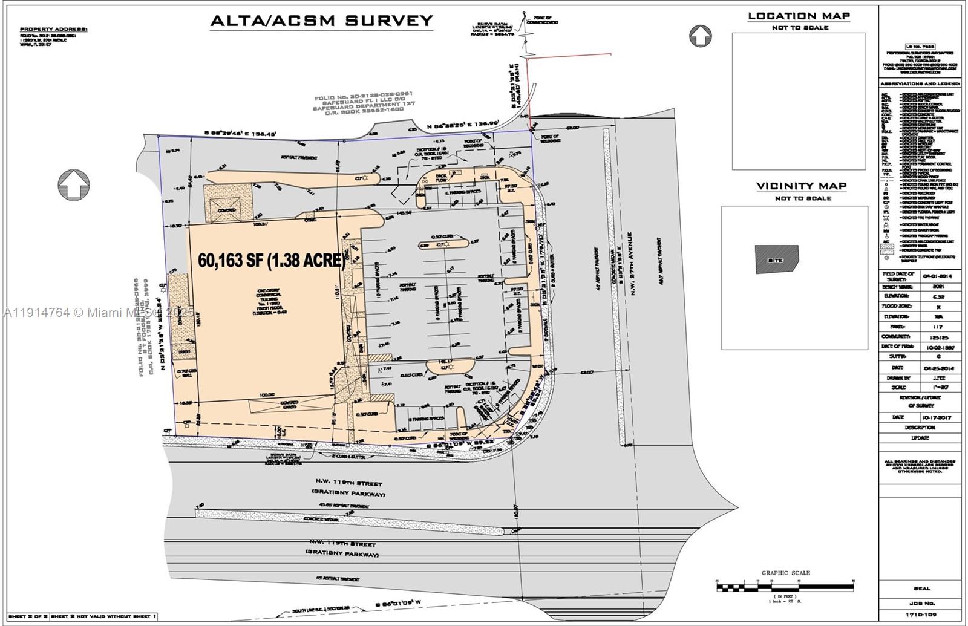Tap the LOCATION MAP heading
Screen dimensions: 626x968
(x=799, y=16)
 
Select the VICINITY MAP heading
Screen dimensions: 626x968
(x=802, y=186)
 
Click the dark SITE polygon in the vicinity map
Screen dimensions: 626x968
(x=777, y=259)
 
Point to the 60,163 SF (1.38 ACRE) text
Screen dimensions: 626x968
(x=272, y=261)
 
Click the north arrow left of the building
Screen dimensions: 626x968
(x=74, y=184)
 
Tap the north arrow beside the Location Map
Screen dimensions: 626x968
(x=701, y=36)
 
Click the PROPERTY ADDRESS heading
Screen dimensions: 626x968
(x=54, y=28)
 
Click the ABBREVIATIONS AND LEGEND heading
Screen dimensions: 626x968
(x=920, y=83)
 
